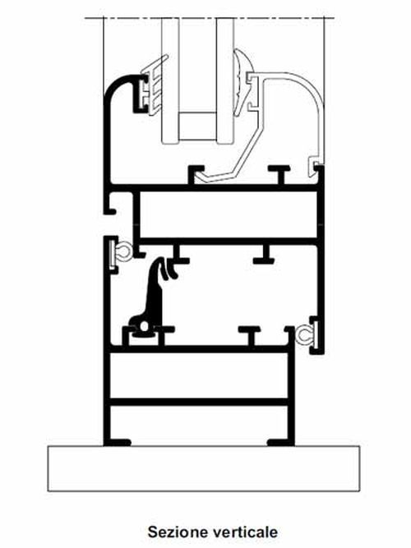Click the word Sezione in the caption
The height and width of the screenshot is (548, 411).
tap(178, 532)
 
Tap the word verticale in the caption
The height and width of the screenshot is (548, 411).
tap(244, 532)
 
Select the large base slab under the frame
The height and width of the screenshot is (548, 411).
tap(204, 468)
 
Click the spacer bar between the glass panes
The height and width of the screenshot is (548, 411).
tap(197, 127)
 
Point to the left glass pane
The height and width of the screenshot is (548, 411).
tap(170, 81)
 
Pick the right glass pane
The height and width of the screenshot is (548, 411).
tap(224, 81)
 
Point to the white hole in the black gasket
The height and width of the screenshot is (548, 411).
tap(144, 327)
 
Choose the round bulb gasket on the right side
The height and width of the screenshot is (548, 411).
tap(304, 336)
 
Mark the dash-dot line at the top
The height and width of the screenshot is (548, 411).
tap(210, 17)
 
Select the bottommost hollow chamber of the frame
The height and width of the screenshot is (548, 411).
tap(199, 425)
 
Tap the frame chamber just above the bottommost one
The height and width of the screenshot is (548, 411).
tap(199, 375)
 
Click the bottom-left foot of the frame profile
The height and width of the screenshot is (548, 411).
tap(118, 443)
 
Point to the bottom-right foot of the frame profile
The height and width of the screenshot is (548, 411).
tap(279, 443)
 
